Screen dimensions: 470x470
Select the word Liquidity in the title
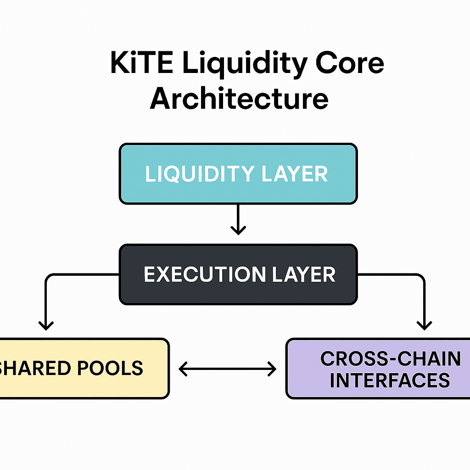[x=245, y=65]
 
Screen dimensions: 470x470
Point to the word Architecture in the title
[x=239, y=98]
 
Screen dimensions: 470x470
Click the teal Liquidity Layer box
[x=238, y=174]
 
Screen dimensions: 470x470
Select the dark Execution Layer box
[x=238, y=274]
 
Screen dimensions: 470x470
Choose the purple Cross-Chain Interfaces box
[x=378, y=369]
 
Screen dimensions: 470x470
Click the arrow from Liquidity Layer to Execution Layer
[x=238, y=219]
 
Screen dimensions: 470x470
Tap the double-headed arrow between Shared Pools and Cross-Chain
[x=228, y=369]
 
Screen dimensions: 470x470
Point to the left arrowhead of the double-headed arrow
[x=183, y=369]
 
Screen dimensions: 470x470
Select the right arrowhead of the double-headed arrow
[x=272, y=369]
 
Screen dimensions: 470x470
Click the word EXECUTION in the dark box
[x=205, y=274]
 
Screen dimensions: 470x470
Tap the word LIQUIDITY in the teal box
[x=200, y=174]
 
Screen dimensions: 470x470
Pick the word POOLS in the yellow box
[x=110, y=368]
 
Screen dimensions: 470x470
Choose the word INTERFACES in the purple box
[x=390, y=380]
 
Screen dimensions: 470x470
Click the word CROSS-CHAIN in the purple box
[x=390, y=358]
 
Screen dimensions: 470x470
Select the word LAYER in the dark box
[x=304, y=274]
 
